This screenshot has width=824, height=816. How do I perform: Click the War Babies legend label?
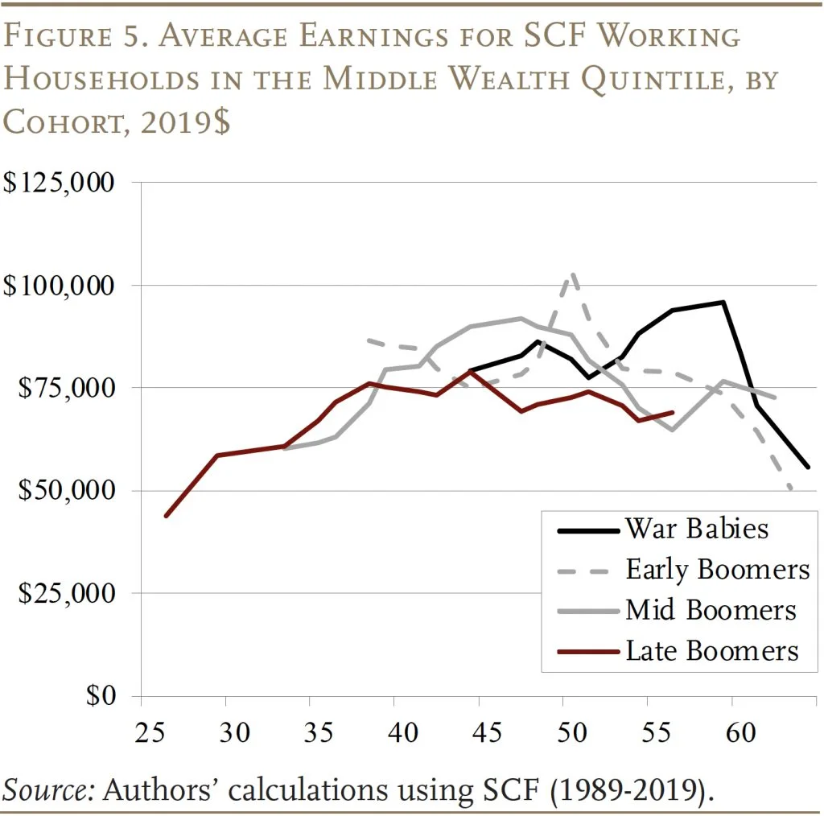click(697, 529)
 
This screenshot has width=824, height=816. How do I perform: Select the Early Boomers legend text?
click(717, 569)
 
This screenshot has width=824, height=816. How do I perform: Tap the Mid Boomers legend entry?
click(711, 609)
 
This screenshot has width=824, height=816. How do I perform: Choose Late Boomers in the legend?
click(712, 649)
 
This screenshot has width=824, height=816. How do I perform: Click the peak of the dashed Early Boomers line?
click(572, 274)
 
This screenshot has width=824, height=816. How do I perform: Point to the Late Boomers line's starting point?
click(166, 515)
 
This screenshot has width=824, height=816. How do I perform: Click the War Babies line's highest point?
click(723, 302)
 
